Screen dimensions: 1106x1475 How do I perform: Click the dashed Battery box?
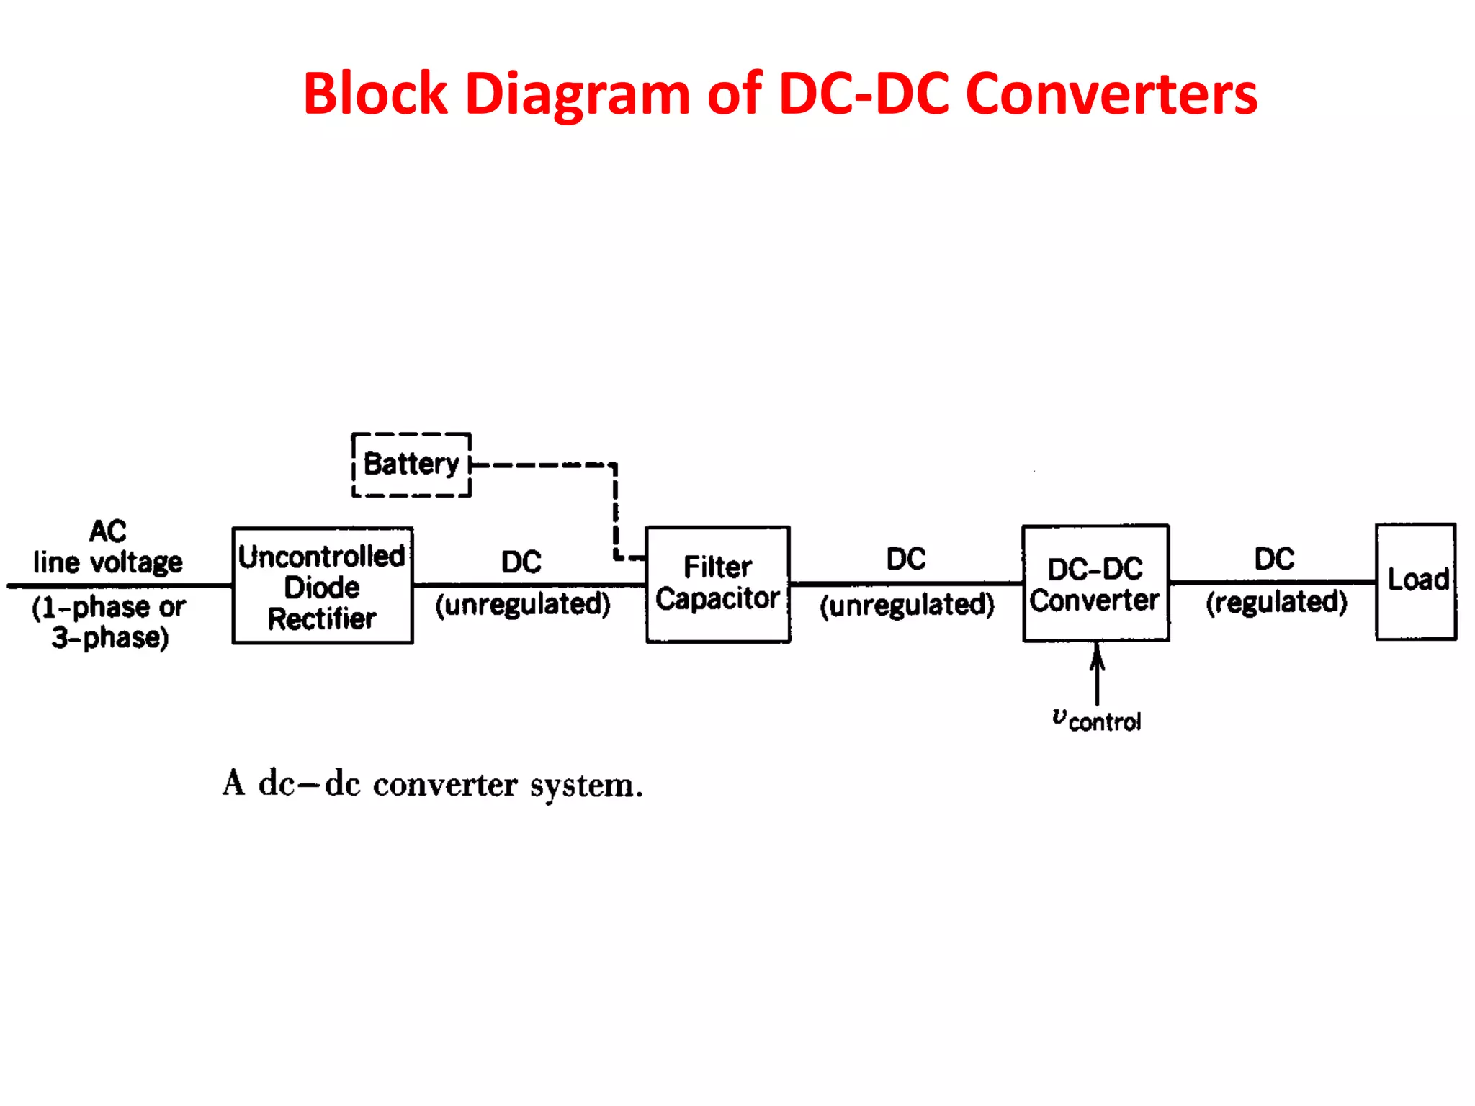(411, 464)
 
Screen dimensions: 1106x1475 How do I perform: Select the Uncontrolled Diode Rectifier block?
(322, 586)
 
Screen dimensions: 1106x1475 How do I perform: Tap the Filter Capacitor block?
(717, 584)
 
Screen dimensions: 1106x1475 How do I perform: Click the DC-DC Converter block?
(1095, 584)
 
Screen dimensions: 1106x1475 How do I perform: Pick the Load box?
(1416, 581)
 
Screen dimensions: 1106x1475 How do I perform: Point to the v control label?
(1096, 720)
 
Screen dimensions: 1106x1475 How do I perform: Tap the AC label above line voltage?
(108, 531)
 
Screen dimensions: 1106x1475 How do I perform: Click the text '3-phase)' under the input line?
(110, 638)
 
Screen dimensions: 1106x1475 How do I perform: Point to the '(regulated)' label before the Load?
(1276, 602)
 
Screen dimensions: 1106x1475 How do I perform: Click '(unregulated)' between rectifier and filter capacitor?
(522, 604)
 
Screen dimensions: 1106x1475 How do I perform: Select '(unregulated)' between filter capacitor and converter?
(907, 605)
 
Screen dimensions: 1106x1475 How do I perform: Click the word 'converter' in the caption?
(445, 785)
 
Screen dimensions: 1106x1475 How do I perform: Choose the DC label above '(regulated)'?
(1274, 559)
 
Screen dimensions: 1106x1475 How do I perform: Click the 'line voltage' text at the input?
(108, 562)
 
